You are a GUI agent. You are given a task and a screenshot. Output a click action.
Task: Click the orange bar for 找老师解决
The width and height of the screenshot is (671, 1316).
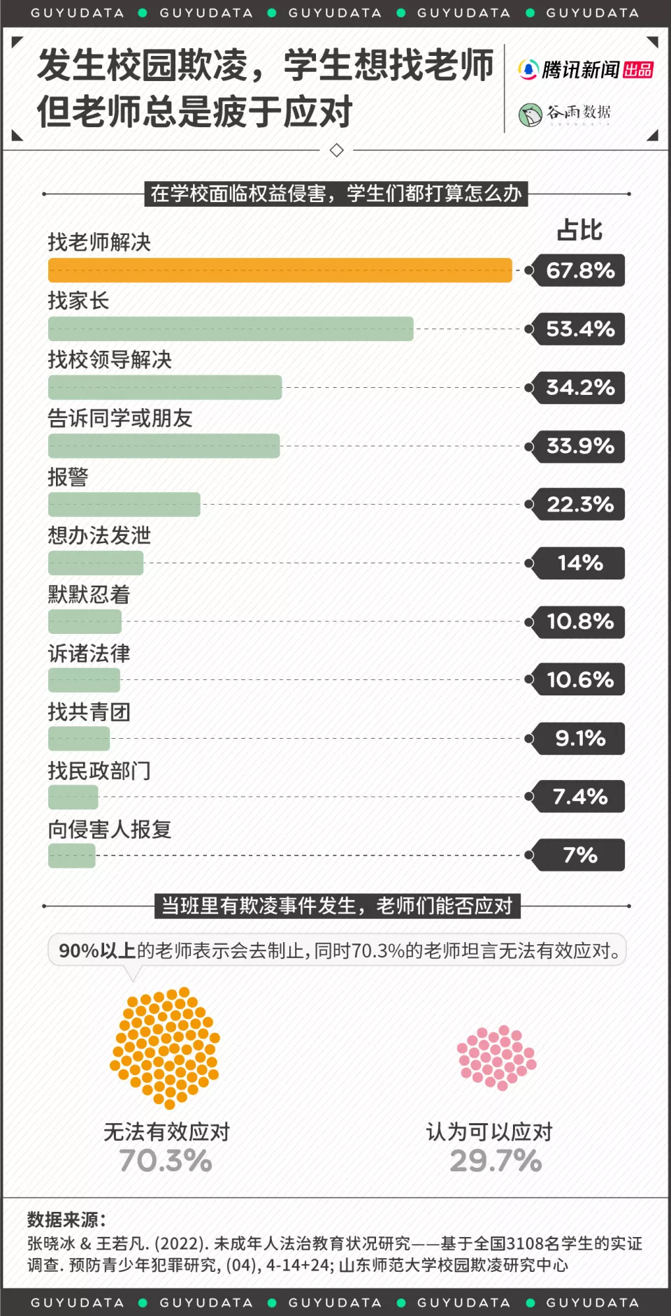280,270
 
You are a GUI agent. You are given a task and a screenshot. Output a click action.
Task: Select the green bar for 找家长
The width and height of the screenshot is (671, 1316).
231,328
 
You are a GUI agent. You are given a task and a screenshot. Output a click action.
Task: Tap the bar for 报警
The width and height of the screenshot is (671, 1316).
124,504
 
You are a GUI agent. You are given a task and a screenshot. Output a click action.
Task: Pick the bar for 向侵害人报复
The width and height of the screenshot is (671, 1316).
72,855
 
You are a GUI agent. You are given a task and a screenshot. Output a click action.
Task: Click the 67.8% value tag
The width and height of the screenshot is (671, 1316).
579,270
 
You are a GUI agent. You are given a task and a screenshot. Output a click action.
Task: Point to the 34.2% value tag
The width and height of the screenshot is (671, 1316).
579,387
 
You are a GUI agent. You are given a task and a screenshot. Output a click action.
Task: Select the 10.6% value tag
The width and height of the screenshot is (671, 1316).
579,679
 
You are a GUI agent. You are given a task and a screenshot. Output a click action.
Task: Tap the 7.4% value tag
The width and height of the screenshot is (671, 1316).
579,797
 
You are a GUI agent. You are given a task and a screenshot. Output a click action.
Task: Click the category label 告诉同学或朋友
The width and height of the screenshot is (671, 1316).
120,419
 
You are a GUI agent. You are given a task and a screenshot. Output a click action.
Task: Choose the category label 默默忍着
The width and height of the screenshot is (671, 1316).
89,595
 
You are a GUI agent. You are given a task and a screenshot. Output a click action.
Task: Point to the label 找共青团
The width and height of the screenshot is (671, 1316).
89,712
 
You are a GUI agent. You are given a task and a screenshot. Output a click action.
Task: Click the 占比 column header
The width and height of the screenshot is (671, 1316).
579,231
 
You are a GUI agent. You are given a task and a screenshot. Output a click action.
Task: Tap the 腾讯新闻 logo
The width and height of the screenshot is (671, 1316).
585,70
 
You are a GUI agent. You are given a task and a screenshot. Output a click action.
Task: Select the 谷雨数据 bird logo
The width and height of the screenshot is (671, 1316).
531,114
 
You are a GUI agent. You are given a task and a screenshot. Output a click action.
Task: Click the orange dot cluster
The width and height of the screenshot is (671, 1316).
166,1047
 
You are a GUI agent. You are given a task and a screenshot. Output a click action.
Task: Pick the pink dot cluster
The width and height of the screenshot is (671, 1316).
496,1057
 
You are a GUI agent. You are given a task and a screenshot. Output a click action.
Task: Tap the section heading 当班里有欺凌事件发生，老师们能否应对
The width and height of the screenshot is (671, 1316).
337,906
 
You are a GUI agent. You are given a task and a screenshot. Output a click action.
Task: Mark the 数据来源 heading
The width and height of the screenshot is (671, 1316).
66,1220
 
